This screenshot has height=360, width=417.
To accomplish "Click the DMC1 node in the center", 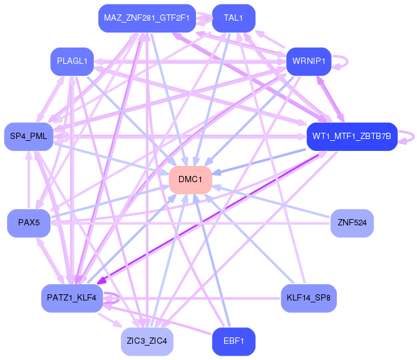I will point(190,180).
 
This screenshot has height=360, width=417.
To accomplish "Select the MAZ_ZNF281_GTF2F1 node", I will point(147,18).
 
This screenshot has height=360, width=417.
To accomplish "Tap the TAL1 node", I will point(233,18).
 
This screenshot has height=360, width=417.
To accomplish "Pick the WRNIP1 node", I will point(307,61).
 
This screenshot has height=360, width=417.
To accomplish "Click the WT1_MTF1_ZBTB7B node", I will point(351,136).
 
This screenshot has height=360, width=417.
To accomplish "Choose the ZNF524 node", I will point(352,222).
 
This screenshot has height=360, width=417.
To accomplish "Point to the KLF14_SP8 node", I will point(309,297).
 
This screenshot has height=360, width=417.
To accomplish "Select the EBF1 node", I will point(234,341).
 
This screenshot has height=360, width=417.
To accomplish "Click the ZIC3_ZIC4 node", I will point(147,341).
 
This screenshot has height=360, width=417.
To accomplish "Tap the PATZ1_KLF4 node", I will point(72,297).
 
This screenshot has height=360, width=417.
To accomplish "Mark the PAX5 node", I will point(29,223).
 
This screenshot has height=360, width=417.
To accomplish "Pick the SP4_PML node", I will point(29,136).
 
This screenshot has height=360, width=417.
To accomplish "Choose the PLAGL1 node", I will point(72,61).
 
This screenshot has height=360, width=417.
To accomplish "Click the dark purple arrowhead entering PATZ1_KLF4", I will point(100,282).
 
